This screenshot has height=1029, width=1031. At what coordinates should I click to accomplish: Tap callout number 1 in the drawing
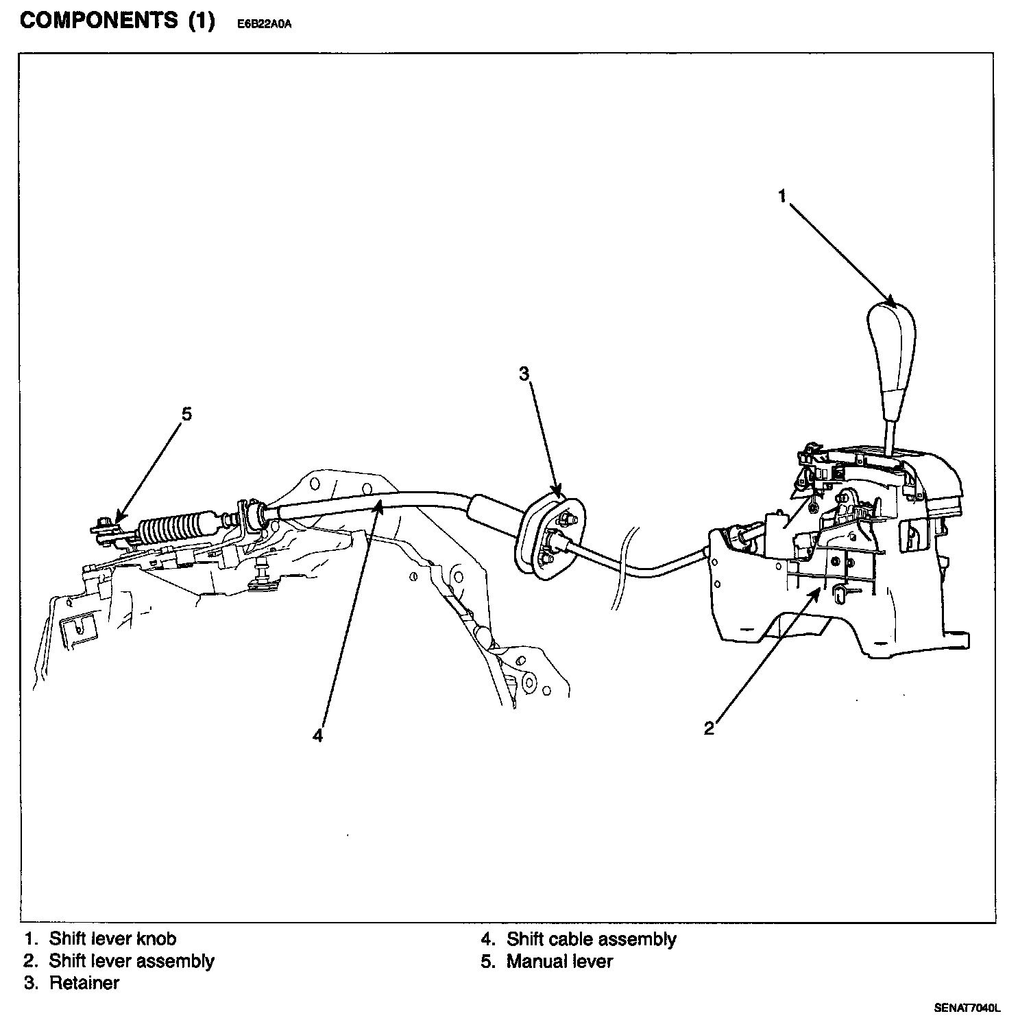[x=781, y=196]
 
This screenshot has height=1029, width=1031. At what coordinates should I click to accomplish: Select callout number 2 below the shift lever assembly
[x=709, y=728]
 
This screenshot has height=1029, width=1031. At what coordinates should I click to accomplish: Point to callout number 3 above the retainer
[x=524, y=374]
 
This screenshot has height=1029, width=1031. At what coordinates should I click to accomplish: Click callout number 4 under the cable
[x=317, y=735]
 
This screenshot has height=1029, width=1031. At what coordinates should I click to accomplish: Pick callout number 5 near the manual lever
[x=186, y=414]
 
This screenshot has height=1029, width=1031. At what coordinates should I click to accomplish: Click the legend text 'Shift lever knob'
[x=112, y=938]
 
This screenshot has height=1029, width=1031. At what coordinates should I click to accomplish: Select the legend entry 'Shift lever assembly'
[x=131, y=961]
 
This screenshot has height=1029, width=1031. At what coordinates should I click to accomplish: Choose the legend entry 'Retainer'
[x=84, y=983]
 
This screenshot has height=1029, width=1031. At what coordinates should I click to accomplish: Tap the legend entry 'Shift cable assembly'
[x=591, y=938]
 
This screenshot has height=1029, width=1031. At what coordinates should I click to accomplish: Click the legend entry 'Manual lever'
[x=559, y=961]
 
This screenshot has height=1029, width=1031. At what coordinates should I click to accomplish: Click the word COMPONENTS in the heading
[x=99, y=22]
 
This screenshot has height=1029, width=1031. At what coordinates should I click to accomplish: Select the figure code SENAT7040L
[x=967, y=1008]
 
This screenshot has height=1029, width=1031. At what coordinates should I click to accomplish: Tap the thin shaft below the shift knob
[x=891, y=438]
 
